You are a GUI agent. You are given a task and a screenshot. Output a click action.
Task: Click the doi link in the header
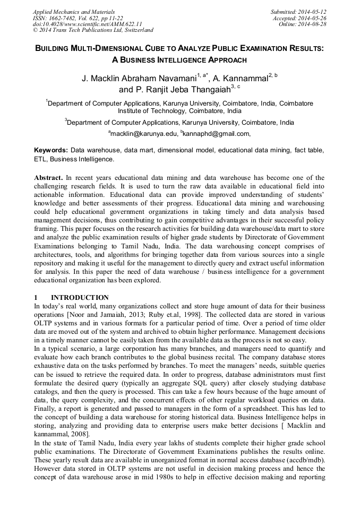coord(88,24)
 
